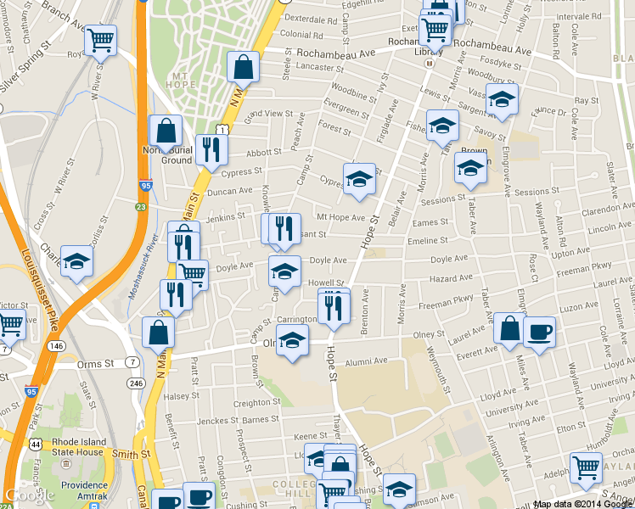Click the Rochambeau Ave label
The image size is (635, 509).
[x=336, y=53]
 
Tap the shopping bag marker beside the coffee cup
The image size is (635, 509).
[x=509, y=329]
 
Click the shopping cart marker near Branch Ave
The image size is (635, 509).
[x=100, y=39]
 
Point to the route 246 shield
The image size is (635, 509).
[x=136, y=383]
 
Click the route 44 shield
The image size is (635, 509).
[x=37, y=444]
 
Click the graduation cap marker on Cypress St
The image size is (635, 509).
[x=359, y=179]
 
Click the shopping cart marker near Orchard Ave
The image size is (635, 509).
[x=586, y=467]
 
